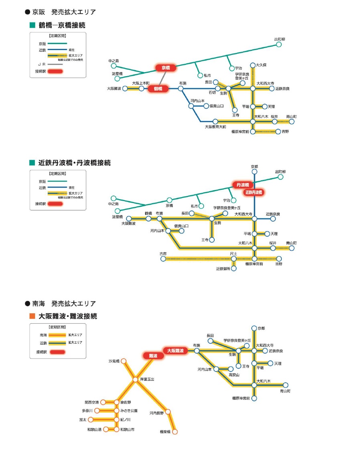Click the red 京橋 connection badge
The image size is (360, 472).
pos(166,68)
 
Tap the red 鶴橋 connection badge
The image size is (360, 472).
pos(158,89)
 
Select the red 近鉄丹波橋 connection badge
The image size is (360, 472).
pos(253,192)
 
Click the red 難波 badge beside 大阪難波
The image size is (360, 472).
pos(153,355)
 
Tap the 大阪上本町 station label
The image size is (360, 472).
pos(140,83)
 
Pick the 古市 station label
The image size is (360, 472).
pos(163,254)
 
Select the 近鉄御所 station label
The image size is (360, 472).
pos(223,268)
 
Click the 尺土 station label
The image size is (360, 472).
pos(233,254)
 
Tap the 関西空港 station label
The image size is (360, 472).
pos(91,402)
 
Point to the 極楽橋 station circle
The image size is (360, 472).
pos(174,432)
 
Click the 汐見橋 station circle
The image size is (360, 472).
pos(124,361)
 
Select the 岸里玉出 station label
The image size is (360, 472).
pos(147,379)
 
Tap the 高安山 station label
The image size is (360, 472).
pos(234,375)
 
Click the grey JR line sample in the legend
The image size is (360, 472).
pos(55,64)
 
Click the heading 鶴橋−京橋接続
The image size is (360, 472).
pos(62,26)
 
